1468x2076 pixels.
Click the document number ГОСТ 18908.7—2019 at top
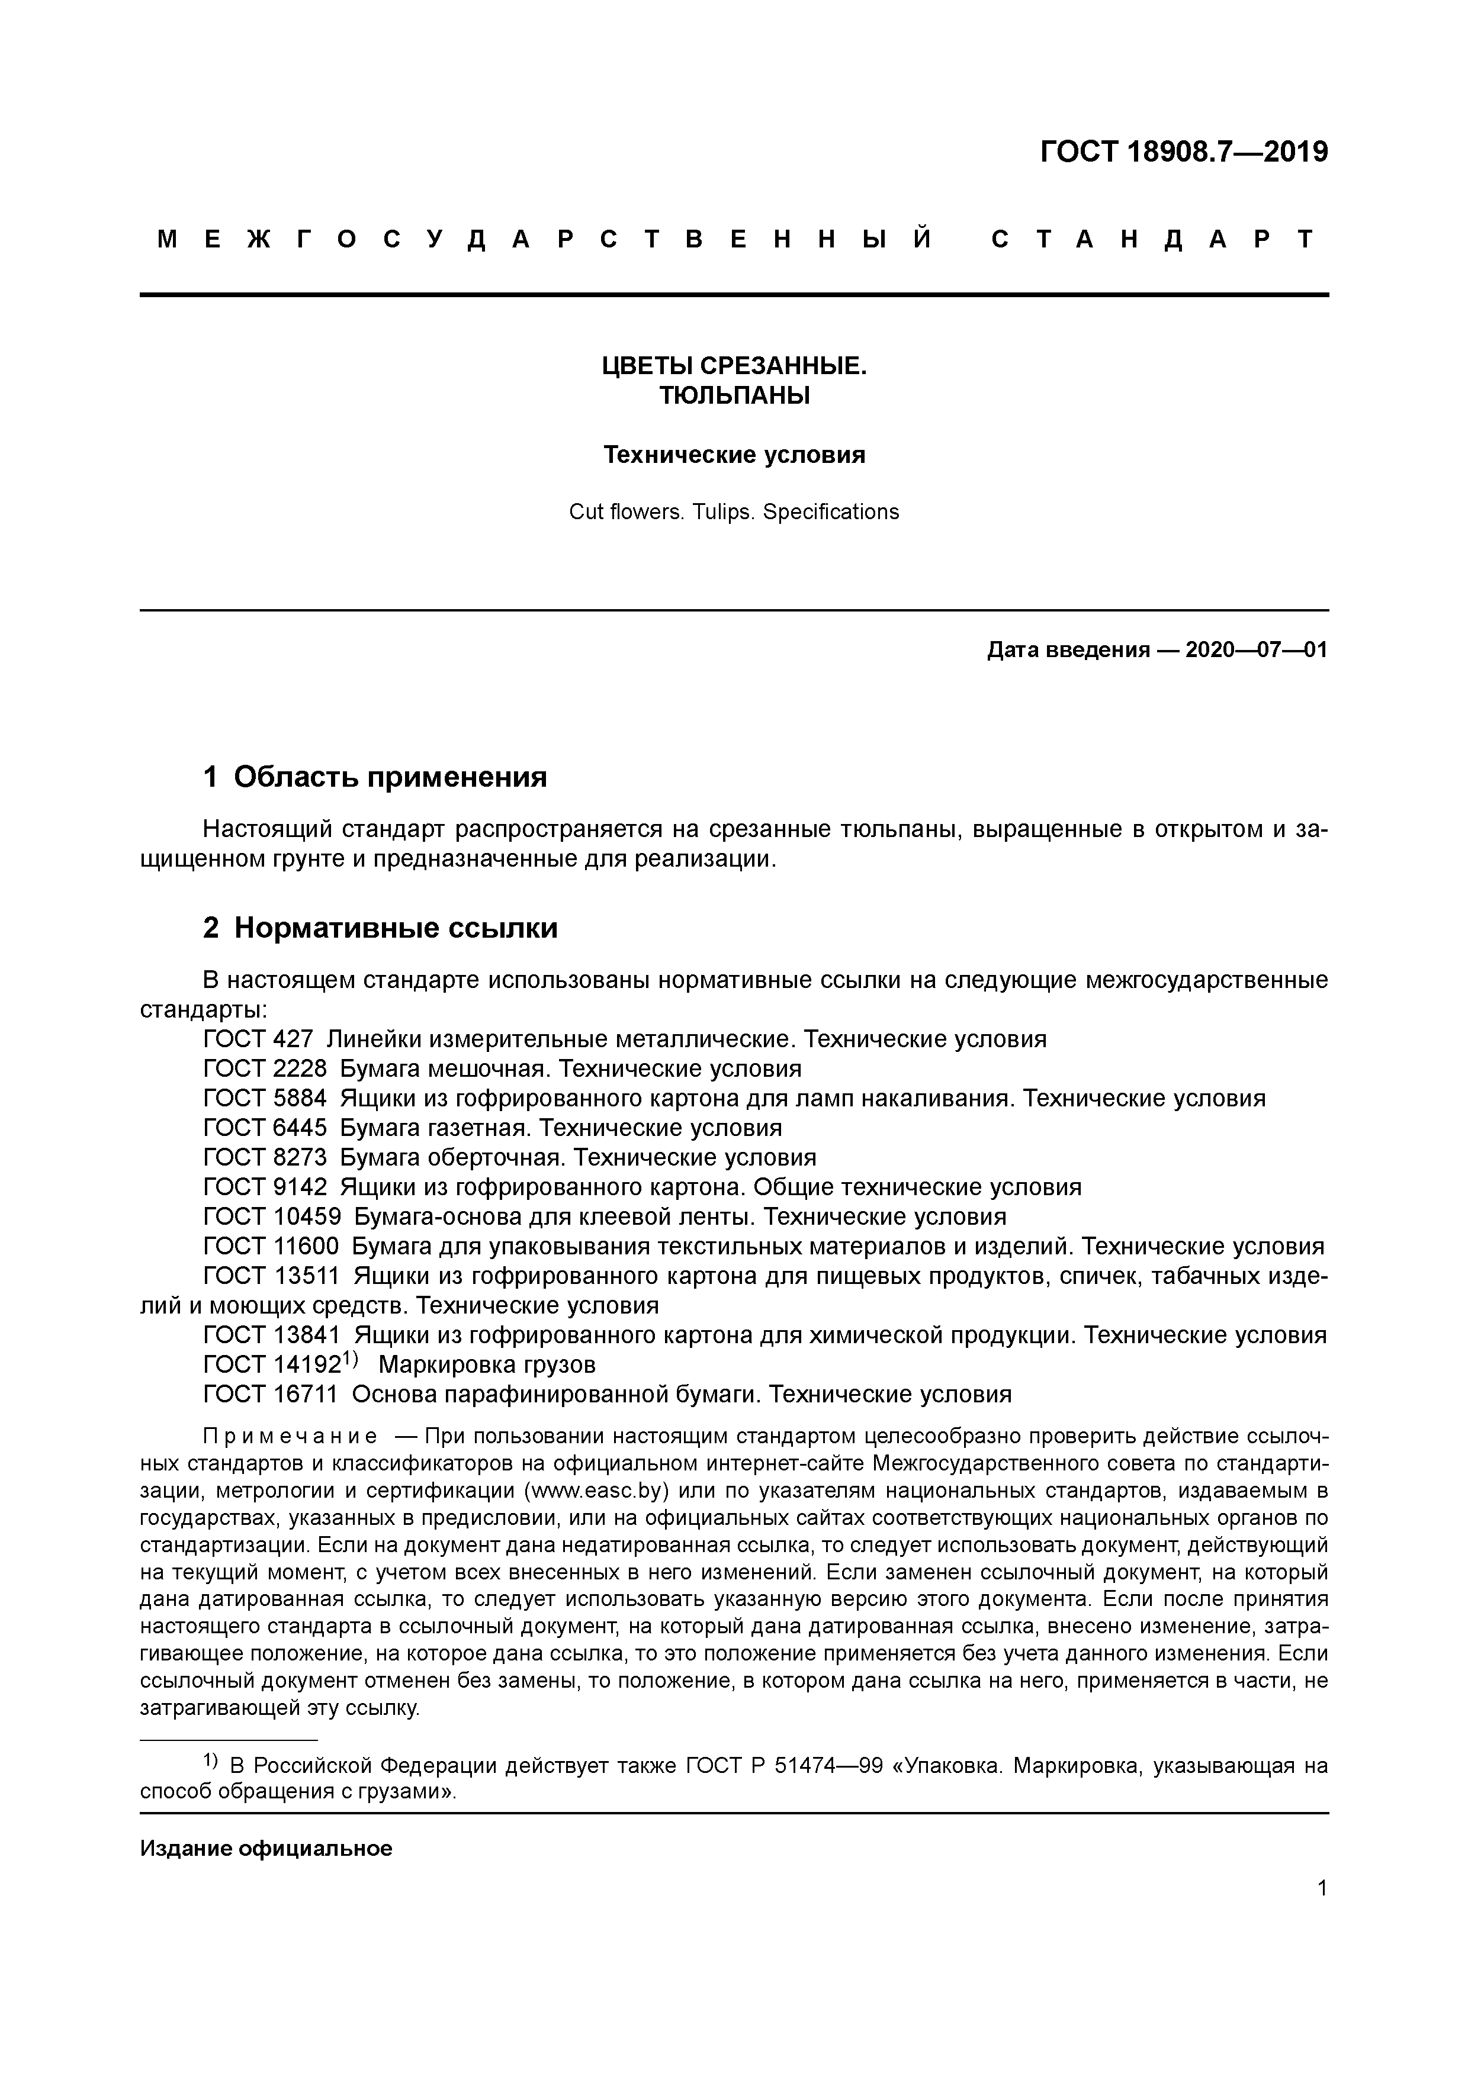coord(1183,152)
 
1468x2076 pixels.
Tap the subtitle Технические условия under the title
coord(734,454)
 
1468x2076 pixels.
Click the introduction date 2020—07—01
coord(1255,649)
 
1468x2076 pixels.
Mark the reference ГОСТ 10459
coord(272,1216)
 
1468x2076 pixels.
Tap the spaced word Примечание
coord(290,1437)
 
